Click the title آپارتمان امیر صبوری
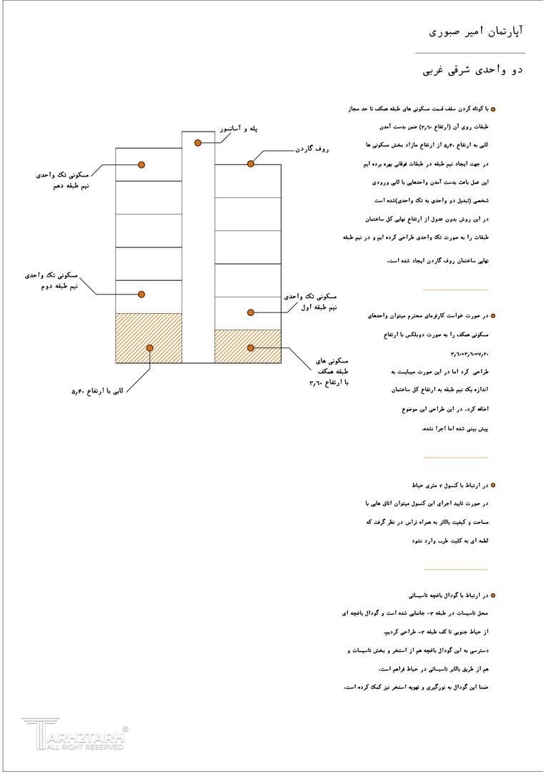tap(476, 31)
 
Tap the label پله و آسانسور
tap(238, 129)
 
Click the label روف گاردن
tap(312, 149)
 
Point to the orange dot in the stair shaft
tap(198, 143)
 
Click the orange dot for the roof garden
tap(251, 164)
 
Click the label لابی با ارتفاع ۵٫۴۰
tap(97, 391)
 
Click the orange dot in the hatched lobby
tap(150, 348)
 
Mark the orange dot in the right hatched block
tap(251, 347)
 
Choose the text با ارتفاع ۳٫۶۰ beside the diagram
tap(328, 382)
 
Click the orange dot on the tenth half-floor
tap(142, 165)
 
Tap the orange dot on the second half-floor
tap(142, 295)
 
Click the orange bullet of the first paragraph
tap(493, 109)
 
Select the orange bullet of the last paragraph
tap(493, 595)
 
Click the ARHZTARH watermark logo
tap(74, 734)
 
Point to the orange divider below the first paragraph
tap(455, 289)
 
